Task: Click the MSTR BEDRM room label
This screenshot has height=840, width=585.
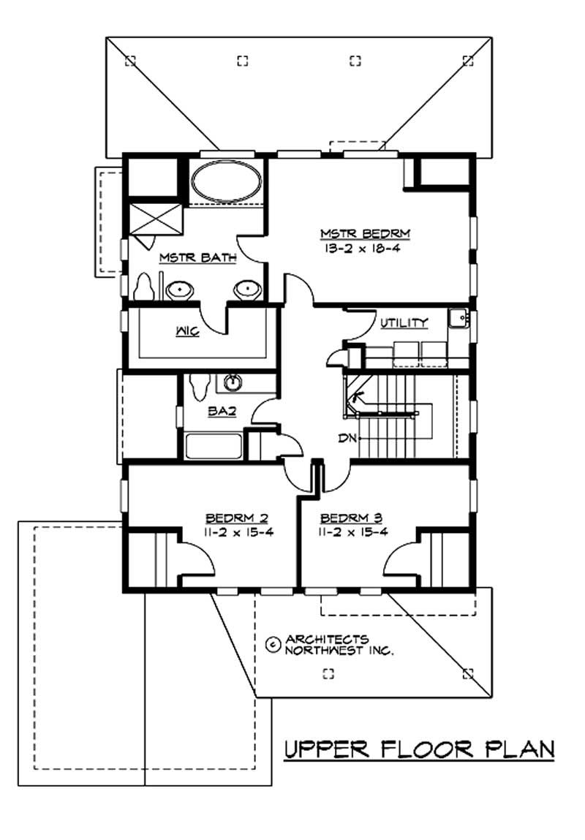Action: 366,234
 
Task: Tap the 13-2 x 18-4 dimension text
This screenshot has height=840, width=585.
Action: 366,249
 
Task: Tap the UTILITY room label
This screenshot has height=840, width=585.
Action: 404,323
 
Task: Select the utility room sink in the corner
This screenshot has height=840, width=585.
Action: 458,318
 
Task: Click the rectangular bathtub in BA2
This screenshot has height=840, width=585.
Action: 212,447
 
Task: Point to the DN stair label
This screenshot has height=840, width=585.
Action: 347,439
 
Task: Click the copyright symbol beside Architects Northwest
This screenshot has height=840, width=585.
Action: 273,644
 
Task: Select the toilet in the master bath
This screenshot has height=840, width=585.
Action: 146,286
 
